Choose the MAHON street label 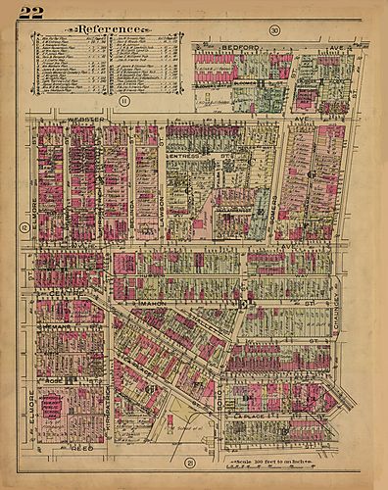(x=155, y=306)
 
